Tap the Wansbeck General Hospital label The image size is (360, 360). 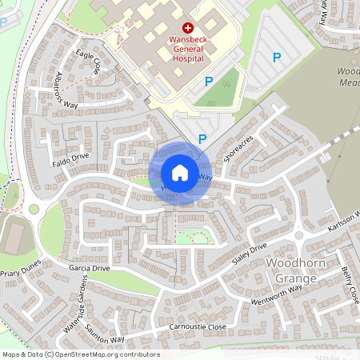[x=188, y=48]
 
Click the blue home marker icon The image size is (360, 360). [x=179, y=173]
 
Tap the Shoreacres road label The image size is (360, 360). [x=238, y=147]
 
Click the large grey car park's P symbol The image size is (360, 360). [x=277, y=57]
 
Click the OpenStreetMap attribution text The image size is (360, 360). [x=80, y=354]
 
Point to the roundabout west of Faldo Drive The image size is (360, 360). [x=34, y=209]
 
